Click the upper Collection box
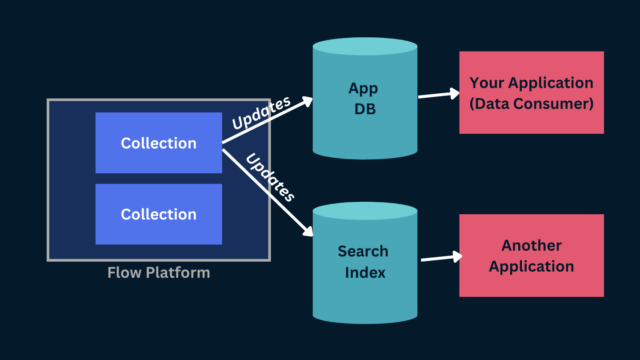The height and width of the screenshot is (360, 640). pos(159,143)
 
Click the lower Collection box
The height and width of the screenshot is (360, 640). pos(159,214)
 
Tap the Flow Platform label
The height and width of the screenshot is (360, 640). pos(159,272)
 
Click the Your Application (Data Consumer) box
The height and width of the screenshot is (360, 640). pos(531,92)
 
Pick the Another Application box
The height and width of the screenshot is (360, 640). pos(531,256)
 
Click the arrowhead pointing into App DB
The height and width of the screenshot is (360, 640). pos(307,100)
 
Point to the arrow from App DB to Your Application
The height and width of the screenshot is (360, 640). pos(438,94)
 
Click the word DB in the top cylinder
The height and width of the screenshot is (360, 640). pos(365,109)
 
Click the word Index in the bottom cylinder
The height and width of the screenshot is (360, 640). pos(364,272)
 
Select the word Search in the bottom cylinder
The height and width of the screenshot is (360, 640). pos(363,251)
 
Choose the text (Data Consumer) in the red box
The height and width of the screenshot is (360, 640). pos(532,104)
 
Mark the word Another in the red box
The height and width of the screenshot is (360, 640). pos(532,245)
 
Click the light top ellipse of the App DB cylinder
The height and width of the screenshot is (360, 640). pos(365,46)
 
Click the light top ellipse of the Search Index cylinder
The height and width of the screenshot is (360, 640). pos(365,211)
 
